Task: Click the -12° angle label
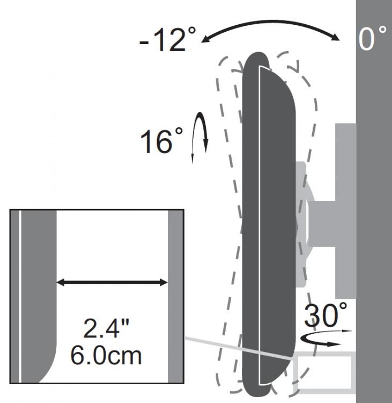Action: (x=167, y=39)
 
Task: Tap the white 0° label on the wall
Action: (x=372, y=38)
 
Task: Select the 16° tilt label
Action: (x=161, y=141)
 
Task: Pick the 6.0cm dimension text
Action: (x=106, y=356)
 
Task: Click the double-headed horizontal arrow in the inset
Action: (x=112, y=283)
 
